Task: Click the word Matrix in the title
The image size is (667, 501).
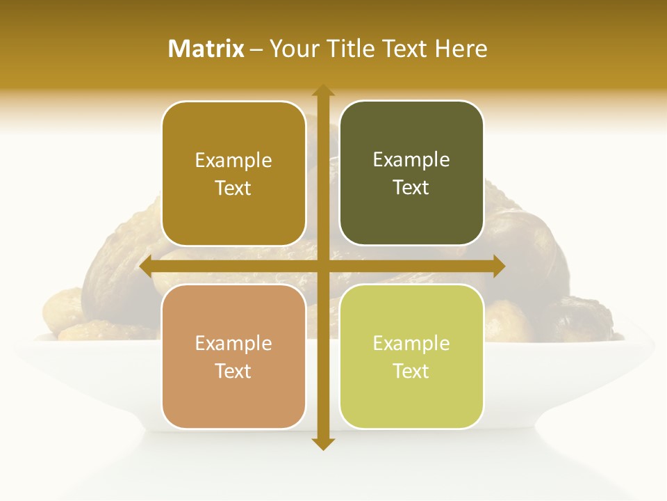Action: [206, 49]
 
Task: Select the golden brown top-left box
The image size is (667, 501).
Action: [233, 174]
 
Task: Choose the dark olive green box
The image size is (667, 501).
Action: [411, 173]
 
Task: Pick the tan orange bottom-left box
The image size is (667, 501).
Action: [233, 356]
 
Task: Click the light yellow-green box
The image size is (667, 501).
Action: [411, 356]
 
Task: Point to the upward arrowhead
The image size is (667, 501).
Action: [322, 90]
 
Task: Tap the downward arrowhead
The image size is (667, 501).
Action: [322, 443]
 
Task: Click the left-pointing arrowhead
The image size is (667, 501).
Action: [146, 267]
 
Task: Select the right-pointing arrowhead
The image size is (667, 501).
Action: [499, 267]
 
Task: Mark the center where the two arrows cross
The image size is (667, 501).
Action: [322, 267]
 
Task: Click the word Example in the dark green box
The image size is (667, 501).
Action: [411, 160]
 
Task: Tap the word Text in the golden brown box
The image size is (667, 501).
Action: [233, 189]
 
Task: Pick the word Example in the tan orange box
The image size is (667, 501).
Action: [233, 343]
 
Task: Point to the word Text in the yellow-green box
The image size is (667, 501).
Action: [411, 371]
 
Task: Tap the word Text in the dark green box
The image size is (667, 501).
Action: [411, 188]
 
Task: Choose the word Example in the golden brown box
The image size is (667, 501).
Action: [233, 161]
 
